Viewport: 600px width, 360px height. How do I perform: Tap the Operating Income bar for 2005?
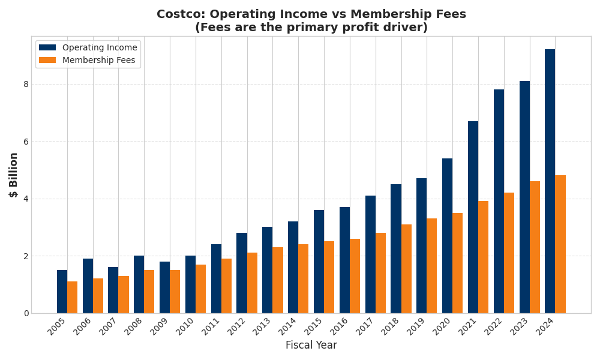tap(62, 292)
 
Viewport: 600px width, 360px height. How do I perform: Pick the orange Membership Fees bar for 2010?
tap(200, 289)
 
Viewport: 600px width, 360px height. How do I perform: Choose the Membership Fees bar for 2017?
tap(380, 273)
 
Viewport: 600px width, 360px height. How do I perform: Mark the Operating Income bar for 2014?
tap(293, 267)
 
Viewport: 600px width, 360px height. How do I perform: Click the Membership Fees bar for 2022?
tap(509, 253)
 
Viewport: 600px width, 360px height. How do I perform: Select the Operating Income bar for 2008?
tap(139, 284)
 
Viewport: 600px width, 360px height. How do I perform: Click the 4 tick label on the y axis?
tap(26, 199)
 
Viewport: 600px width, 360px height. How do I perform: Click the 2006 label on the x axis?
tap(83, 326)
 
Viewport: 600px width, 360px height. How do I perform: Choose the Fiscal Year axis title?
tap(311, 346)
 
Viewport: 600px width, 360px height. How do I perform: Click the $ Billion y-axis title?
tap(14, 175)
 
